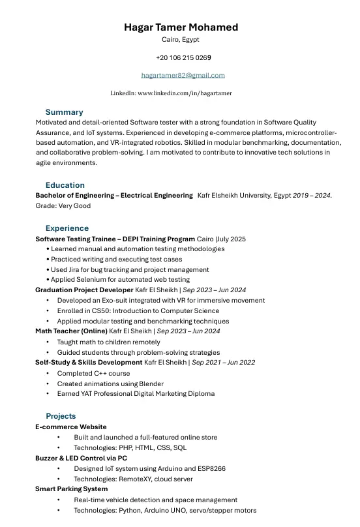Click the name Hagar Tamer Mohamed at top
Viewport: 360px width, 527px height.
click(x=181, y=27)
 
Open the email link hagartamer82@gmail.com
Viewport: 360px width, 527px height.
click(x=183, y=75)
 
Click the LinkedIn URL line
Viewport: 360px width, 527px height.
click(x=171, y=93)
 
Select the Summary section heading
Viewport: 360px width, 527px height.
click(x=64, y=112)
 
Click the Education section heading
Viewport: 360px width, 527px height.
click(x=65, y=185)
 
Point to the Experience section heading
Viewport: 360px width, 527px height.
click(x=67, y=228)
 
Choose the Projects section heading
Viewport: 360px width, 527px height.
click(x=61, y=416)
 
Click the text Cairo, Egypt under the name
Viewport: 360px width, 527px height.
click(x=181, y=40)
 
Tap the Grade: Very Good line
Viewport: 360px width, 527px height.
click(x=63, y=206)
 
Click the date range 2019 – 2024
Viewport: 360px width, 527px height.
click(x=311, y=196)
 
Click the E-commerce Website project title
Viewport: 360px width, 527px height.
click(x=70, y=427)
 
